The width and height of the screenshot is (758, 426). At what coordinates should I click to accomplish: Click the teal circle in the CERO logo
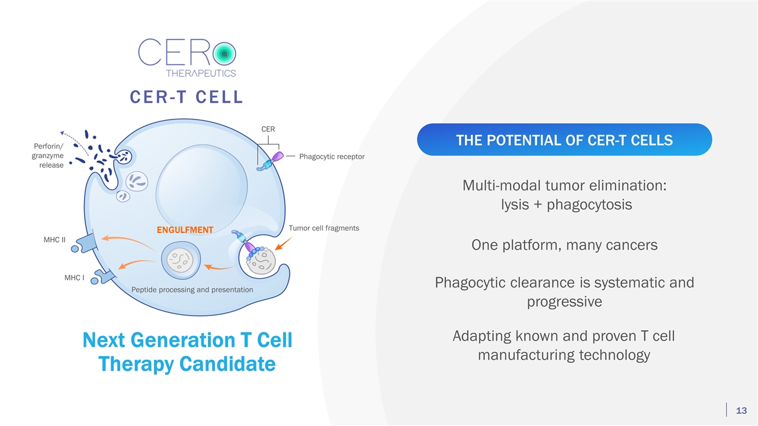[224, 54]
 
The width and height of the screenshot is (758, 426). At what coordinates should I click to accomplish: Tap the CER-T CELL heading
[187, 97]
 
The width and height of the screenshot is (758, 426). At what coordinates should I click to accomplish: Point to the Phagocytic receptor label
[332, 157]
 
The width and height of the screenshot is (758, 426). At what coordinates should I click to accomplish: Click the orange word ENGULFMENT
[185, 230]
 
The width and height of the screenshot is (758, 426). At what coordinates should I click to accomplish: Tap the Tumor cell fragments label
[323, 228]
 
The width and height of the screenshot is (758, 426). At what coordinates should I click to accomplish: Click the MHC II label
[54, 240]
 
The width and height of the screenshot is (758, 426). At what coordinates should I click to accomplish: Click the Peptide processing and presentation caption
[192, 290]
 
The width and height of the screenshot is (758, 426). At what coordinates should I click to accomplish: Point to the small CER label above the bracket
[268, 129]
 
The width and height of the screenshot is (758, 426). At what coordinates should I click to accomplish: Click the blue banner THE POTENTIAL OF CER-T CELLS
[564, 140]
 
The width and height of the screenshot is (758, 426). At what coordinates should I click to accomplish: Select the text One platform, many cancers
[564, 245]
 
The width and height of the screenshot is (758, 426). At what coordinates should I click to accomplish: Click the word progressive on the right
[564, 302]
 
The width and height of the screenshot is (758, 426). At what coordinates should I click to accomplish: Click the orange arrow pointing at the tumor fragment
[282, 243]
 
